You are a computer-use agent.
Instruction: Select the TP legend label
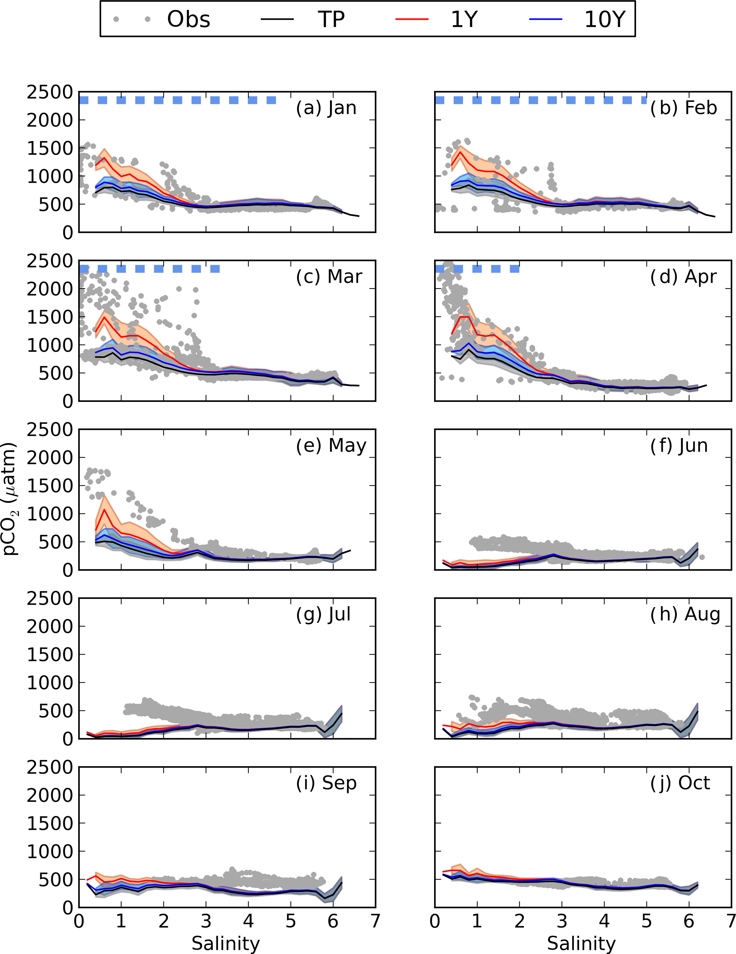(331, 19)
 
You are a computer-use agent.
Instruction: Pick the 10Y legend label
(605, 19)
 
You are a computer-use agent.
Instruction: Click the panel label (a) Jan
(326, 108)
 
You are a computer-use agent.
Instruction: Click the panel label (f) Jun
(679, 446)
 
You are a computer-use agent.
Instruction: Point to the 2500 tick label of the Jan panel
(49, 92)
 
